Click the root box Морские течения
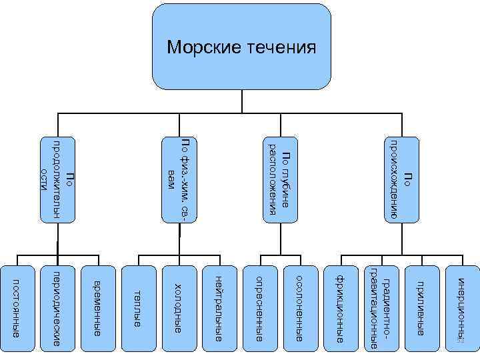pos(241,47)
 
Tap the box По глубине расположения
pos(279,179)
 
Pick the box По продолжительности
pos(58,179)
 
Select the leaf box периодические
pos(57,307)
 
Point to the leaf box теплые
pos(137,307)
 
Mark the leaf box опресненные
pos(260,307)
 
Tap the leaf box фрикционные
pos(340,307)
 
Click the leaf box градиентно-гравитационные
pos(381,307)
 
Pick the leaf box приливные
pos(421,307)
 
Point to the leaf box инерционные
pos(461,307)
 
